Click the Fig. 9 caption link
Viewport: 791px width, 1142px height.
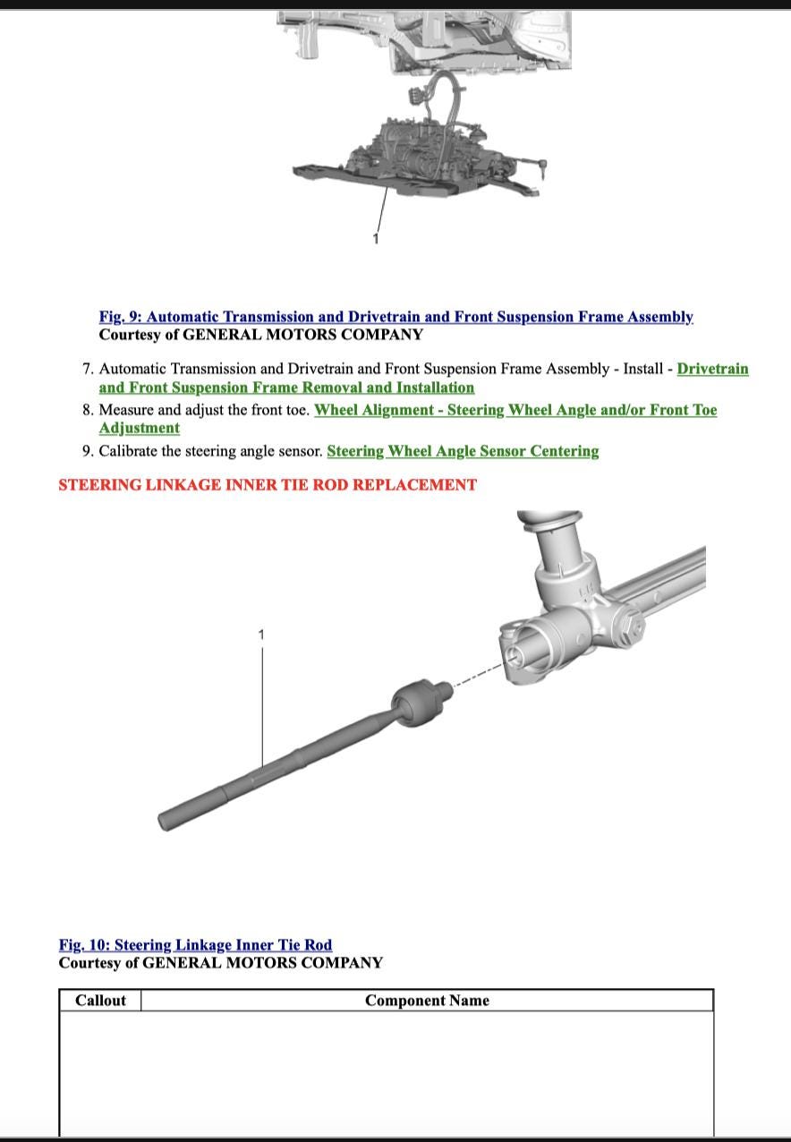coord(395,317)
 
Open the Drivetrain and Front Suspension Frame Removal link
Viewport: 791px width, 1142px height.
coord(286,388)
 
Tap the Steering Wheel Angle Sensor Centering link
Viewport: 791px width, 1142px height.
coord(463,451)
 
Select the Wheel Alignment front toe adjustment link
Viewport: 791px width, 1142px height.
coord(515,410)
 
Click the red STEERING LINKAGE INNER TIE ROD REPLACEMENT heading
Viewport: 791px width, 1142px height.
coord(268,485)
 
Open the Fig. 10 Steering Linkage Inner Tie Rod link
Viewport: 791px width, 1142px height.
coord(195,945)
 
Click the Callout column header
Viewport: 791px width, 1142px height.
coord(100,1001)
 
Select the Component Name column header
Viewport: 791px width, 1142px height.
coord(427,1001)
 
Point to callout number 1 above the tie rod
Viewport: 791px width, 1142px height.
coord(261,635)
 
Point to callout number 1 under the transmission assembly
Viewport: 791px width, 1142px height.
coord(376,238)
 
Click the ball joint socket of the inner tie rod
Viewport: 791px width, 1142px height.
coord(414,703)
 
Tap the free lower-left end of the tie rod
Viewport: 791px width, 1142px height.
coord(166,819)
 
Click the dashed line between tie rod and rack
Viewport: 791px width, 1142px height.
coord(474,678)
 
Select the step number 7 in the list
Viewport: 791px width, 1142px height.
coord(87,369)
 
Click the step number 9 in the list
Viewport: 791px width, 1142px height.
coord(87,451)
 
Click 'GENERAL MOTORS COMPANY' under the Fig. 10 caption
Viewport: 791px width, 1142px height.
coord(262,963)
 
